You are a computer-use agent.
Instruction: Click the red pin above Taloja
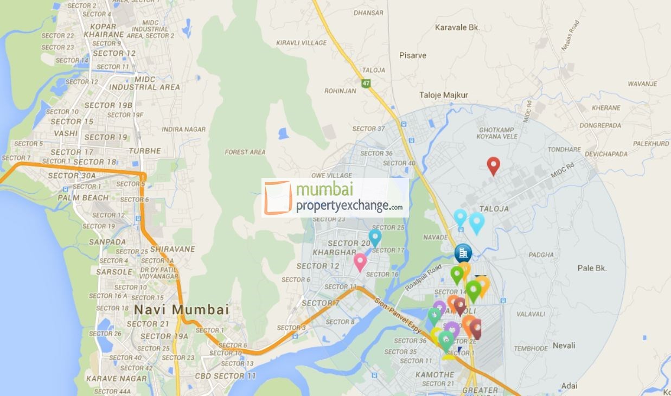pos(493,166)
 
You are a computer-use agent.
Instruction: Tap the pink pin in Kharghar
pos(360,262)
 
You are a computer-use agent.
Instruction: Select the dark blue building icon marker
pos(463,253)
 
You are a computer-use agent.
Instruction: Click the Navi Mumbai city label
pos(181,310)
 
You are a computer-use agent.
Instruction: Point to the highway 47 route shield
pos(367,84)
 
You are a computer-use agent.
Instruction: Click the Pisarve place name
pos(413,55)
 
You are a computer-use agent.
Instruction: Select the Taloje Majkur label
pos(443,95)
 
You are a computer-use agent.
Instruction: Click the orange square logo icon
pos(278,198)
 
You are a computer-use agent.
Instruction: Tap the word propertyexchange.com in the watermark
pos(349,206)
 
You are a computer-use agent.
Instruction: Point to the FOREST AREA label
pos(245,152)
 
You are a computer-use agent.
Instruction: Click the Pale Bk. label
pos(592,268)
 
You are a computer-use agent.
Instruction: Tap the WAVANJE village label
pos(642,84)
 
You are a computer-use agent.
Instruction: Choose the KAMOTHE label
pos(434,375)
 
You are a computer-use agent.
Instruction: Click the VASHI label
pos(65,133)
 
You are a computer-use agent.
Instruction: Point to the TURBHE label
pos(145,151)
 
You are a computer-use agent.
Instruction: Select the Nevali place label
pos(564,346)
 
